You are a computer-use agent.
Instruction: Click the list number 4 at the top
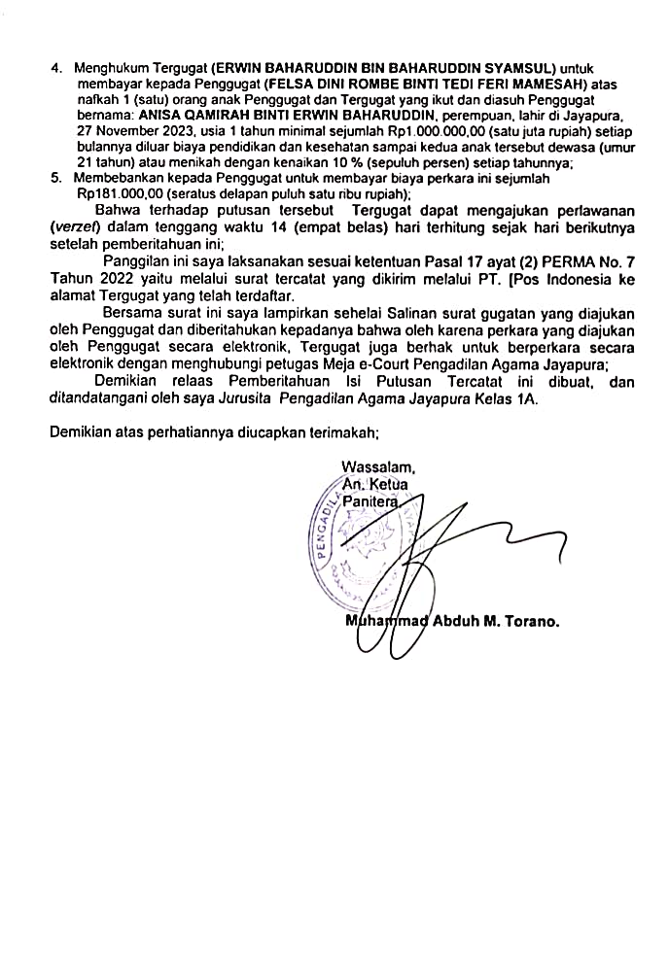point(55,69)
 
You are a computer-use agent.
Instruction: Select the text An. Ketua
point(376,484)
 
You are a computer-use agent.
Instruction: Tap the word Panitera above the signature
point(370,501)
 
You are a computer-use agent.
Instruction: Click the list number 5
point(55,179)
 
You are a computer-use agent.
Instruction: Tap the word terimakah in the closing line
point(340,429)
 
